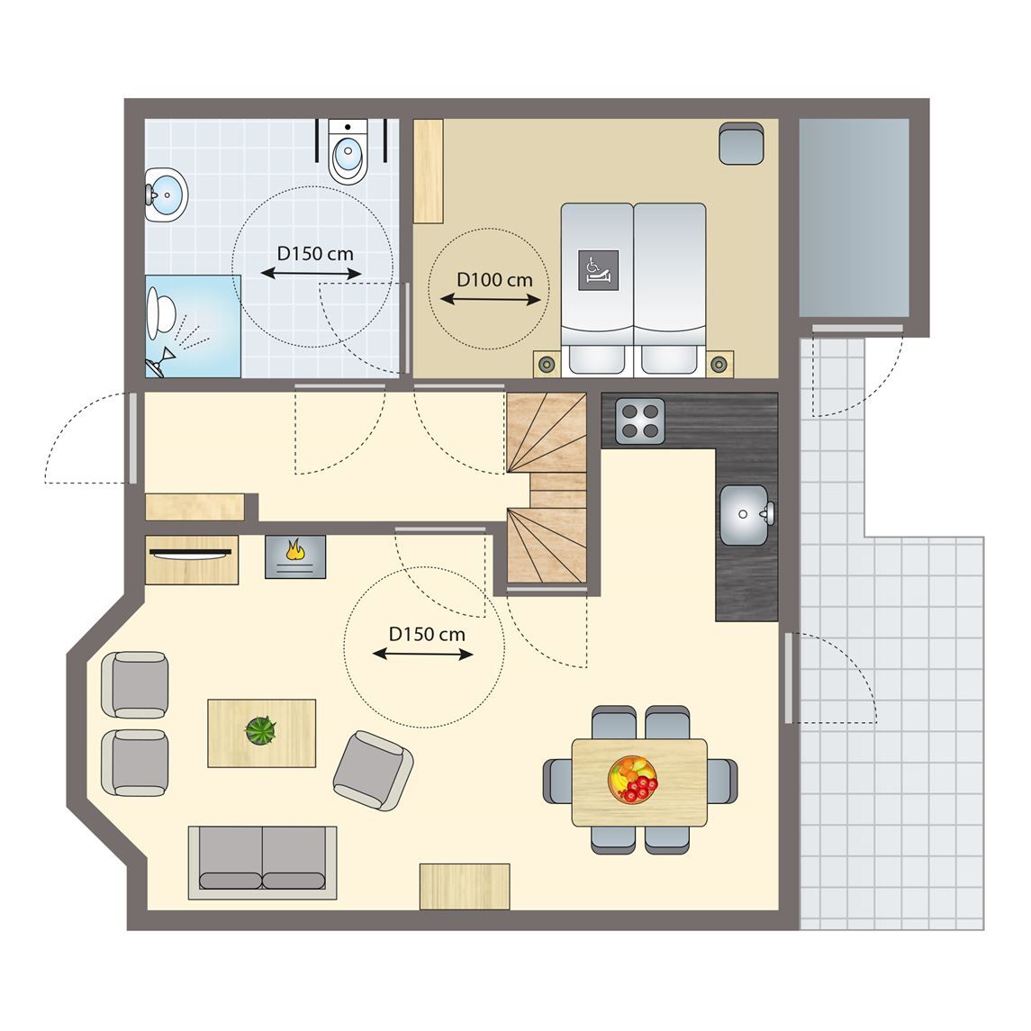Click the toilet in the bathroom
point(348,152)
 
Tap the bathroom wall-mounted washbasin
point(166,194)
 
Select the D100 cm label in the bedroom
point(494,280)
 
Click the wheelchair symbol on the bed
point(598,269)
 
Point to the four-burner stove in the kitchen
point(640,421)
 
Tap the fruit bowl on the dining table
point(632,779)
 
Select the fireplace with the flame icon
point(295,556)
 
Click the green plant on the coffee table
point(260,730)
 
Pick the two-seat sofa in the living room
point(262,862)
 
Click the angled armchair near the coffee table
point(373,771)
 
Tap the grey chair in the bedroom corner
point(741,142)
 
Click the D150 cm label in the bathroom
point(315,254)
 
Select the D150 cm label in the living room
point(427,635)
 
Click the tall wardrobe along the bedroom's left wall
point(428,171)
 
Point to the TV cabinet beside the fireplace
point(191,559)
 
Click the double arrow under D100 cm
point(491,300)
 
